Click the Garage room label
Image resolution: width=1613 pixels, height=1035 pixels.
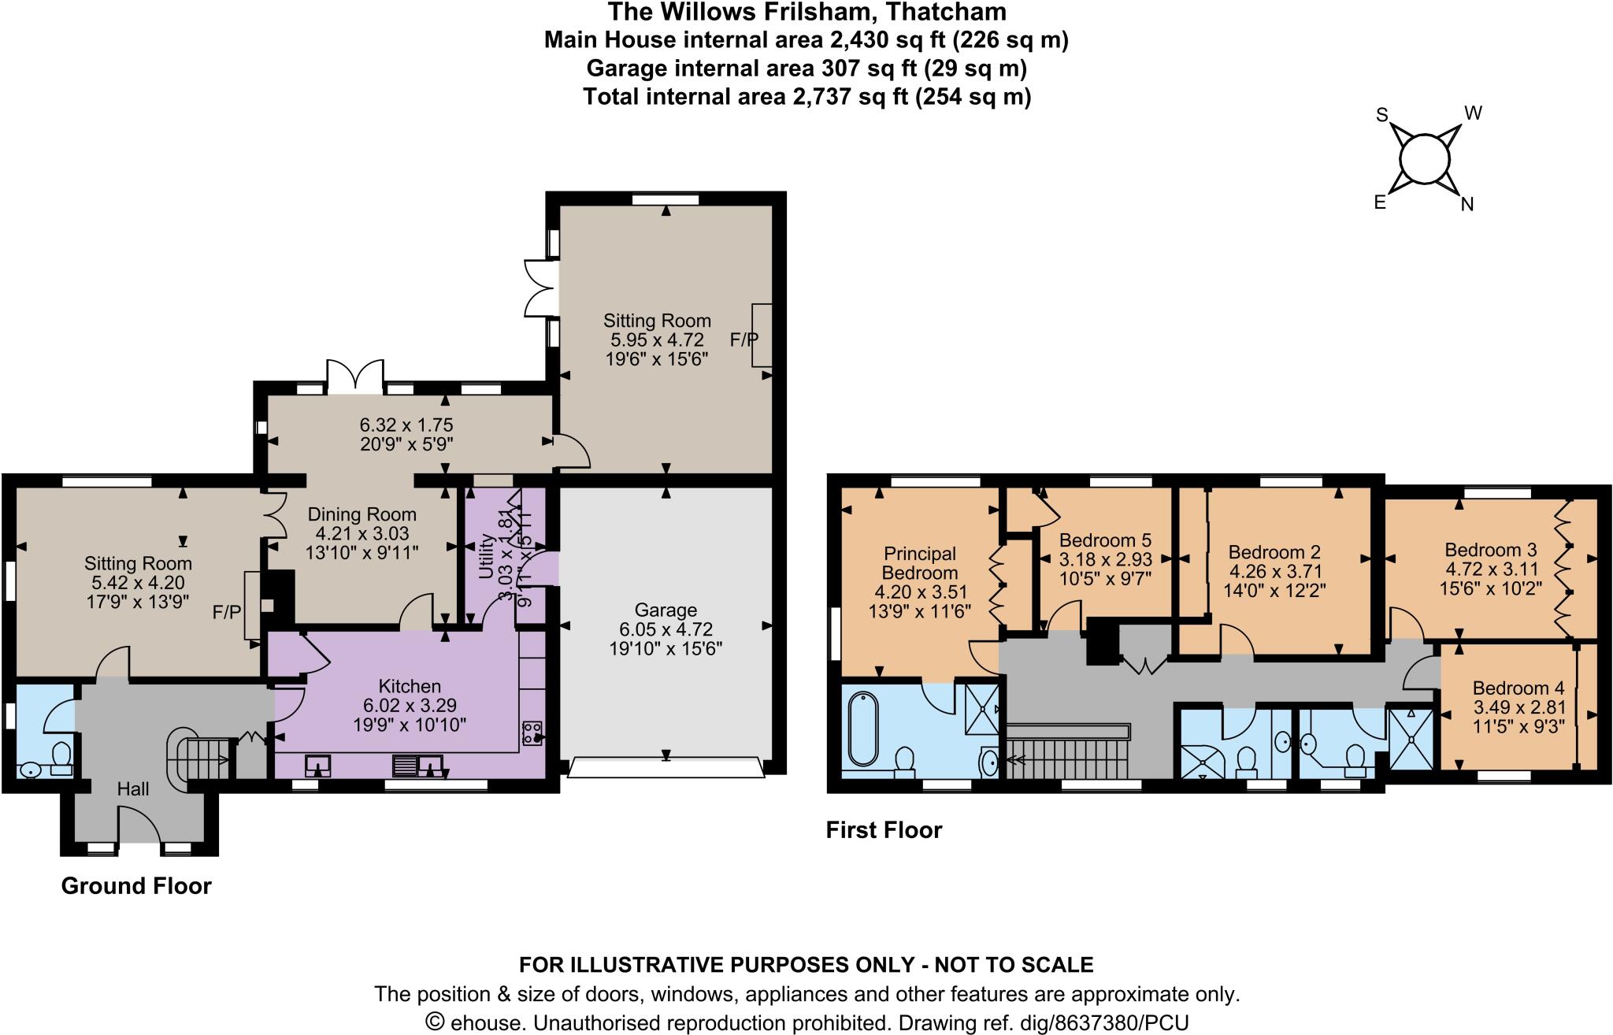tap(666, 610)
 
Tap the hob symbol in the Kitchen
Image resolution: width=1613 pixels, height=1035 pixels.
tap(532, 732)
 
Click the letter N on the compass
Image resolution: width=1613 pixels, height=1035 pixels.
tap(1467, 205)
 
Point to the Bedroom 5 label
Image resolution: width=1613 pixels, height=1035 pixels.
tap(1105, 540)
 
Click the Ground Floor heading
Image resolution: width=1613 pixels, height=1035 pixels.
tap(136, 886)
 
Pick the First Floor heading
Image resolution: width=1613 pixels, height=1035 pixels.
tap(884, 830)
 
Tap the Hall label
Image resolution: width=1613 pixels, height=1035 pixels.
tap(133, 788)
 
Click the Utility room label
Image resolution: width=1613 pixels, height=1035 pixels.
tap(486, 555)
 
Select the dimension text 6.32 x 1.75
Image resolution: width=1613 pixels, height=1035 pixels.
tap(402, 426)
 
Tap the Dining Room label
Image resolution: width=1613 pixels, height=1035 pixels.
tap(362, 514)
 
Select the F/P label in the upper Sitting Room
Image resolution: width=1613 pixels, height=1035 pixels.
tap(743, 339)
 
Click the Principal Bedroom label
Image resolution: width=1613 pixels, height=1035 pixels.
tap(920, 563)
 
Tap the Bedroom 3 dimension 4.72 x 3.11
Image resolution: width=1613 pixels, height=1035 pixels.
tap(1492, 568)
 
